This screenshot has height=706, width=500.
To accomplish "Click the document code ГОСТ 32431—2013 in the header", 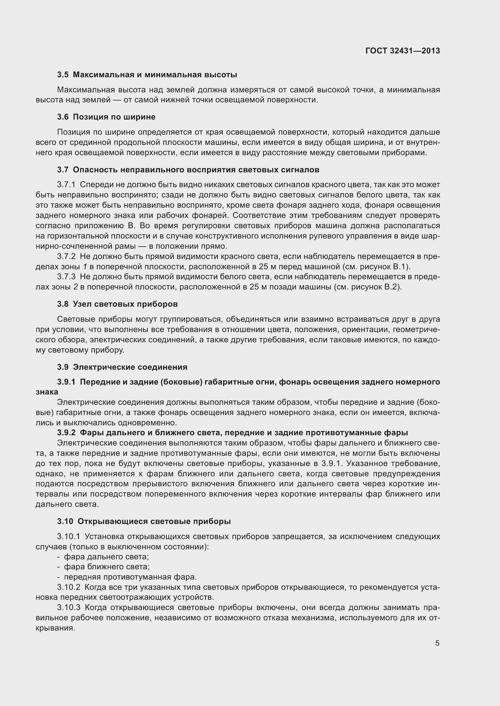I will (x=402, y=51).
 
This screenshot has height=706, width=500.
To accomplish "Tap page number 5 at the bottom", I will (x=437, y=643).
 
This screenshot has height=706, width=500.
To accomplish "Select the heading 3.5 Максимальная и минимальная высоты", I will (x=147, y=75).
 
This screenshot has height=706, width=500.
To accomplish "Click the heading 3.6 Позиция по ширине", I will (x=106, y=117).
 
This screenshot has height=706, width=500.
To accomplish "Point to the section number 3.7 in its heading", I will (x=63, y=170).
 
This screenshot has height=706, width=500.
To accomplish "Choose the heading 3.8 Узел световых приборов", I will (x=117, y=304).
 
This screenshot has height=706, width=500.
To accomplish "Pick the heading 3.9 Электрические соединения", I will (x=122, y=367).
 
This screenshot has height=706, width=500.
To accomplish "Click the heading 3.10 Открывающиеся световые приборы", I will (x=144, y=521).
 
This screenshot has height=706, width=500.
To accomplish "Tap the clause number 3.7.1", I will (x=66, y=184).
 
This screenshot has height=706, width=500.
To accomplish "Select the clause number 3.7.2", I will (x=66, y=257).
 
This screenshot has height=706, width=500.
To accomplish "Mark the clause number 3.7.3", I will (x=66, y=277).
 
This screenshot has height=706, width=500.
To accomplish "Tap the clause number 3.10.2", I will (x=68, y=587).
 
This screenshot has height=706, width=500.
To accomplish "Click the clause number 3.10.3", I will (x=68, y=608).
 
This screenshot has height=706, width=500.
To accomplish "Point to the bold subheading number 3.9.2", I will (x=66, y=433).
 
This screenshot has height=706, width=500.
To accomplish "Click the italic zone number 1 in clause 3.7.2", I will (x=85, y=267).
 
